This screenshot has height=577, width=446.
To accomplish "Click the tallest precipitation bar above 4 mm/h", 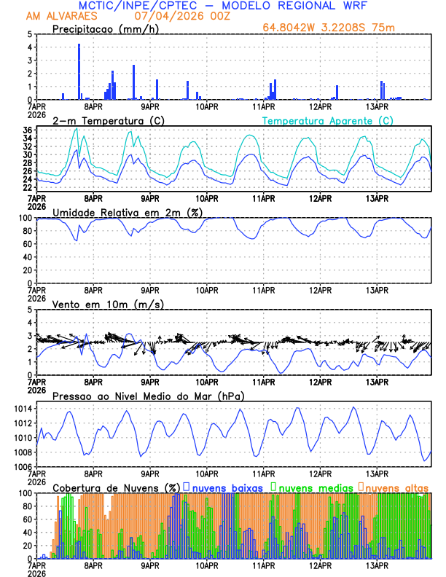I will coord(79,71).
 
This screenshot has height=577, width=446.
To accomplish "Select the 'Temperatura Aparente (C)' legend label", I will coord(328,120).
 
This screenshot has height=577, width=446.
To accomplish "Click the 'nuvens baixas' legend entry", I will coord(226,487).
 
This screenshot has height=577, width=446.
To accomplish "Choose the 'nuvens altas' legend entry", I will coord(396,487).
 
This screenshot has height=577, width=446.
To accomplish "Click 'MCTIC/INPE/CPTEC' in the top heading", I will coord(132,5).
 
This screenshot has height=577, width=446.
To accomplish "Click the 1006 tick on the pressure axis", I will coord(22,466).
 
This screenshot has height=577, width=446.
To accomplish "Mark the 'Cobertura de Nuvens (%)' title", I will coord(117,487).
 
